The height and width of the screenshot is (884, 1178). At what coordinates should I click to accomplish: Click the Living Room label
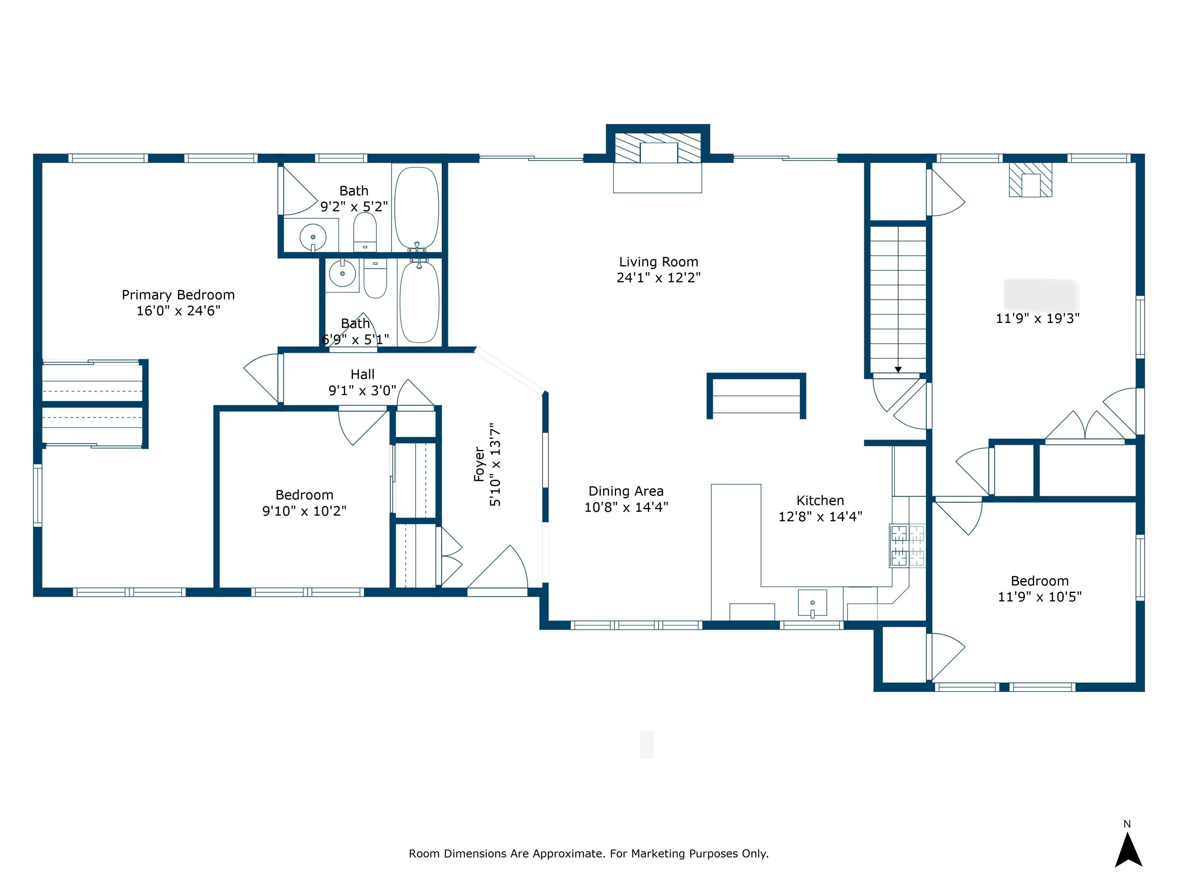(658, 262)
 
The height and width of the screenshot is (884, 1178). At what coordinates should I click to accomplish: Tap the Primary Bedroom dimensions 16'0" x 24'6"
(178, 311)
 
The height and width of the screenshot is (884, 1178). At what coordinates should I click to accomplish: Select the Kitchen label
(820, 501)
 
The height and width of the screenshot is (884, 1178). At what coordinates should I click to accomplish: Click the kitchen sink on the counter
(812, 603)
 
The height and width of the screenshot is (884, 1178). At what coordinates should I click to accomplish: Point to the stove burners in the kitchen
(907, 545)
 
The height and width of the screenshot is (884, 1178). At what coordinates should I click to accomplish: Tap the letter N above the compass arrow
(1127, 824)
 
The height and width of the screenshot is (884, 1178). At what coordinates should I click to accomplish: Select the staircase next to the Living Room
(898, 298)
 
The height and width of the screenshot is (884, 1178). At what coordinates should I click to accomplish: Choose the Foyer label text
(479, 465)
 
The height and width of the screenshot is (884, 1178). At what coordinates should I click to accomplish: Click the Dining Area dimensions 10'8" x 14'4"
(626, 507)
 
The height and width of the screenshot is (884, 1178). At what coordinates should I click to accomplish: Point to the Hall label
(362, 374)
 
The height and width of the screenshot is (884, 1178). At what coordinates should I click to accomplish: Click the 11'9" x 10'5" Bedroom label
(1039, 581)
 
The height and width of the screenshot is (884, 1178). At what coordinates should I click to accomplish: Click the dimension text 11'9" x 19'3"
(1037, 319)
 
